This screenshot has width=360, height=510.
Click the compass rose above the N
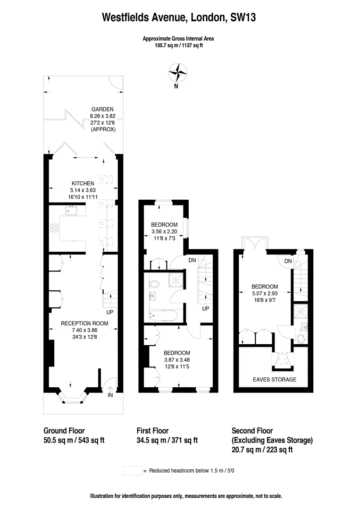tap(177, 72)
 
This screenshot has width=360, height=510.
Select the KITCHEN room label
tap(83, 183)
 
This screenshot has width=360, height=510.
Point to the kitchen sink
tap(72, 211)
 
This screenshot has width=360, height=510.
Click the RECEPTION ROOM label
tap(84, 323)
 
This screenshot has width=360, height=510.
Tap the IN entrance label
tap(110, 395)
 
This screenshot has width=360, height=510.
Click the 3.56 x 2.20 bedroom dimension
tap(164, 231)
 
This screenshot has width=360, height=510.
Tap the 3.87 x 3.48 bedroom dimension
tap(177, 360)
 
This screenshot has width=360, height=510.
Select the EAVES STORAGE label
tap(274, 380)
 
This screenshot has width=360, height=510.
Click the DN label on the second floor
tap(288, 262)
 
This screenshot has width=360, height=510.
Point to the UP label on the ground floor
tap(109, 312)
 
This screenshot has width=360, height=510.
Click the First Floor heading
tap(152, 431)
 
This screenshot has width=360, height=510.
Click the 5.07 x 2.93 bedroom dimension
tap(264, 293)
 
